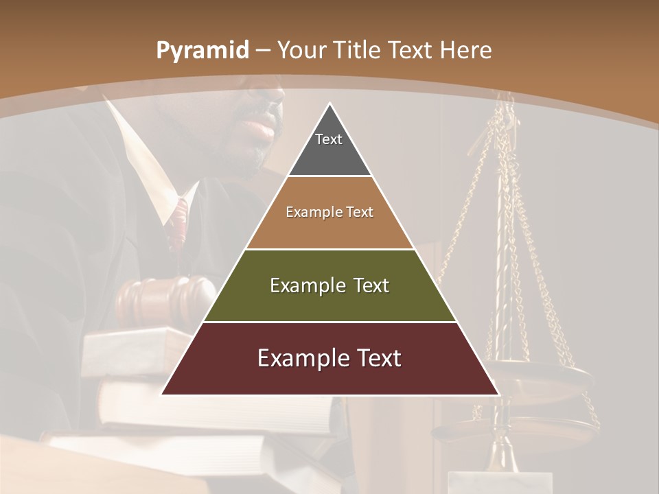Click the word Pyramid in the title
pos(202,51)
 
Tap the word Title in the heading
pos(358,50)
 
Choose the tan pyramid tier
pos(329,213)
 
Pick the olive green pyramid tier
pos(329,285)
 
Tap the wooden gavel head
pos(165,295)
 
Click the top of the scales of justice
pos(509,103)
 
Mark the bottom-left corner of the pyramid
pos(162,394)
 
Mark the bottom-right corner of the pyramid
pos(498,394)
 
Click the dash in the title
pos(262,51)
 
